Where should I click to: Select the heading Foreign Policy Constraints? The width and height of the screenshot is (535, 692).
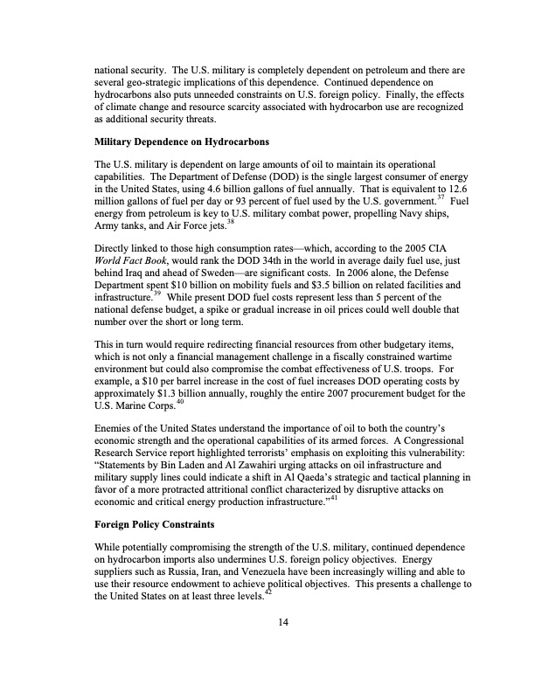(x=155, y=527)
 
